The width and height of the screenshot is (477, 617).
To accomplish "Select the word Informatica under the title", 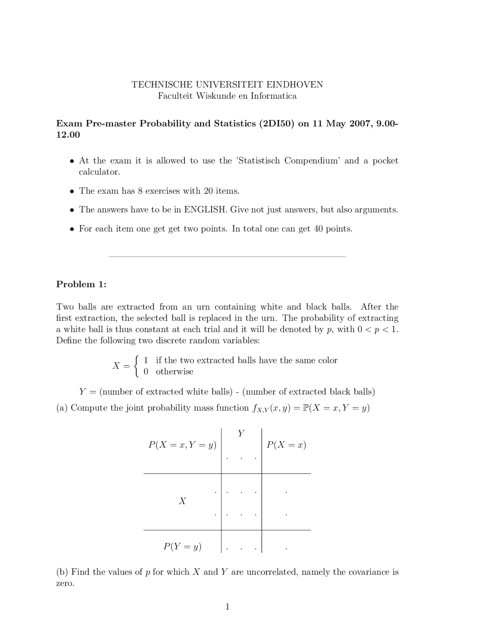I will click(x=274, y=96).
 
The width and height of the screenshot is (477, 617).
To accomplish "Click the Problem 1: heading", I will click(x=81, y=284).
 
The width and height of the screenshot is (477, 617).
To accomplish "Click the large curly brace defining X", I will click(x=137, y=366).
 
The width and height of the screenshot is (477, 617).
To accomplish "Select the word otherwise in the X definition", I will click(x=174, y=372).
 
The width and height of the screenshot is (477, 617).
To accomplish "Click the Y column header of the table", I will click(x=241, y=433).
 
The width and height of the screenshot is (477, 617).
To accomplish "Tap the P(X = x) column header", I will click(x=286, y=445).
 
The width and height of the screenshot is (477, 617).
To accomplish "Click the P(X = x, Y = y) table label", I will click(x=182, y=445).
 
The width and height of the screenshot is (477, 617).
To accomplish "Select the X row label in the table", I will click(x=182, y=501).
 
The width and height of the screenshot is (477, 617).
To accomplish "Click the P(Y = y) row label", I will click(x=182, y=547).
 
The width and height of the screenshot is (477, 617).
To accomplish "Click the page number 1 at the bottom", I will click(x=227, y=607).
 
